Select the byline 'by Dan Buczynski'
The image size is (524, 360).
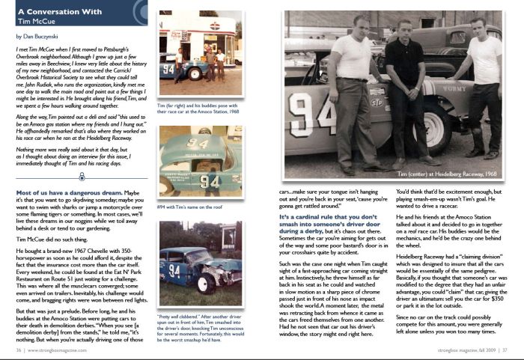tap(37, 35)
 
